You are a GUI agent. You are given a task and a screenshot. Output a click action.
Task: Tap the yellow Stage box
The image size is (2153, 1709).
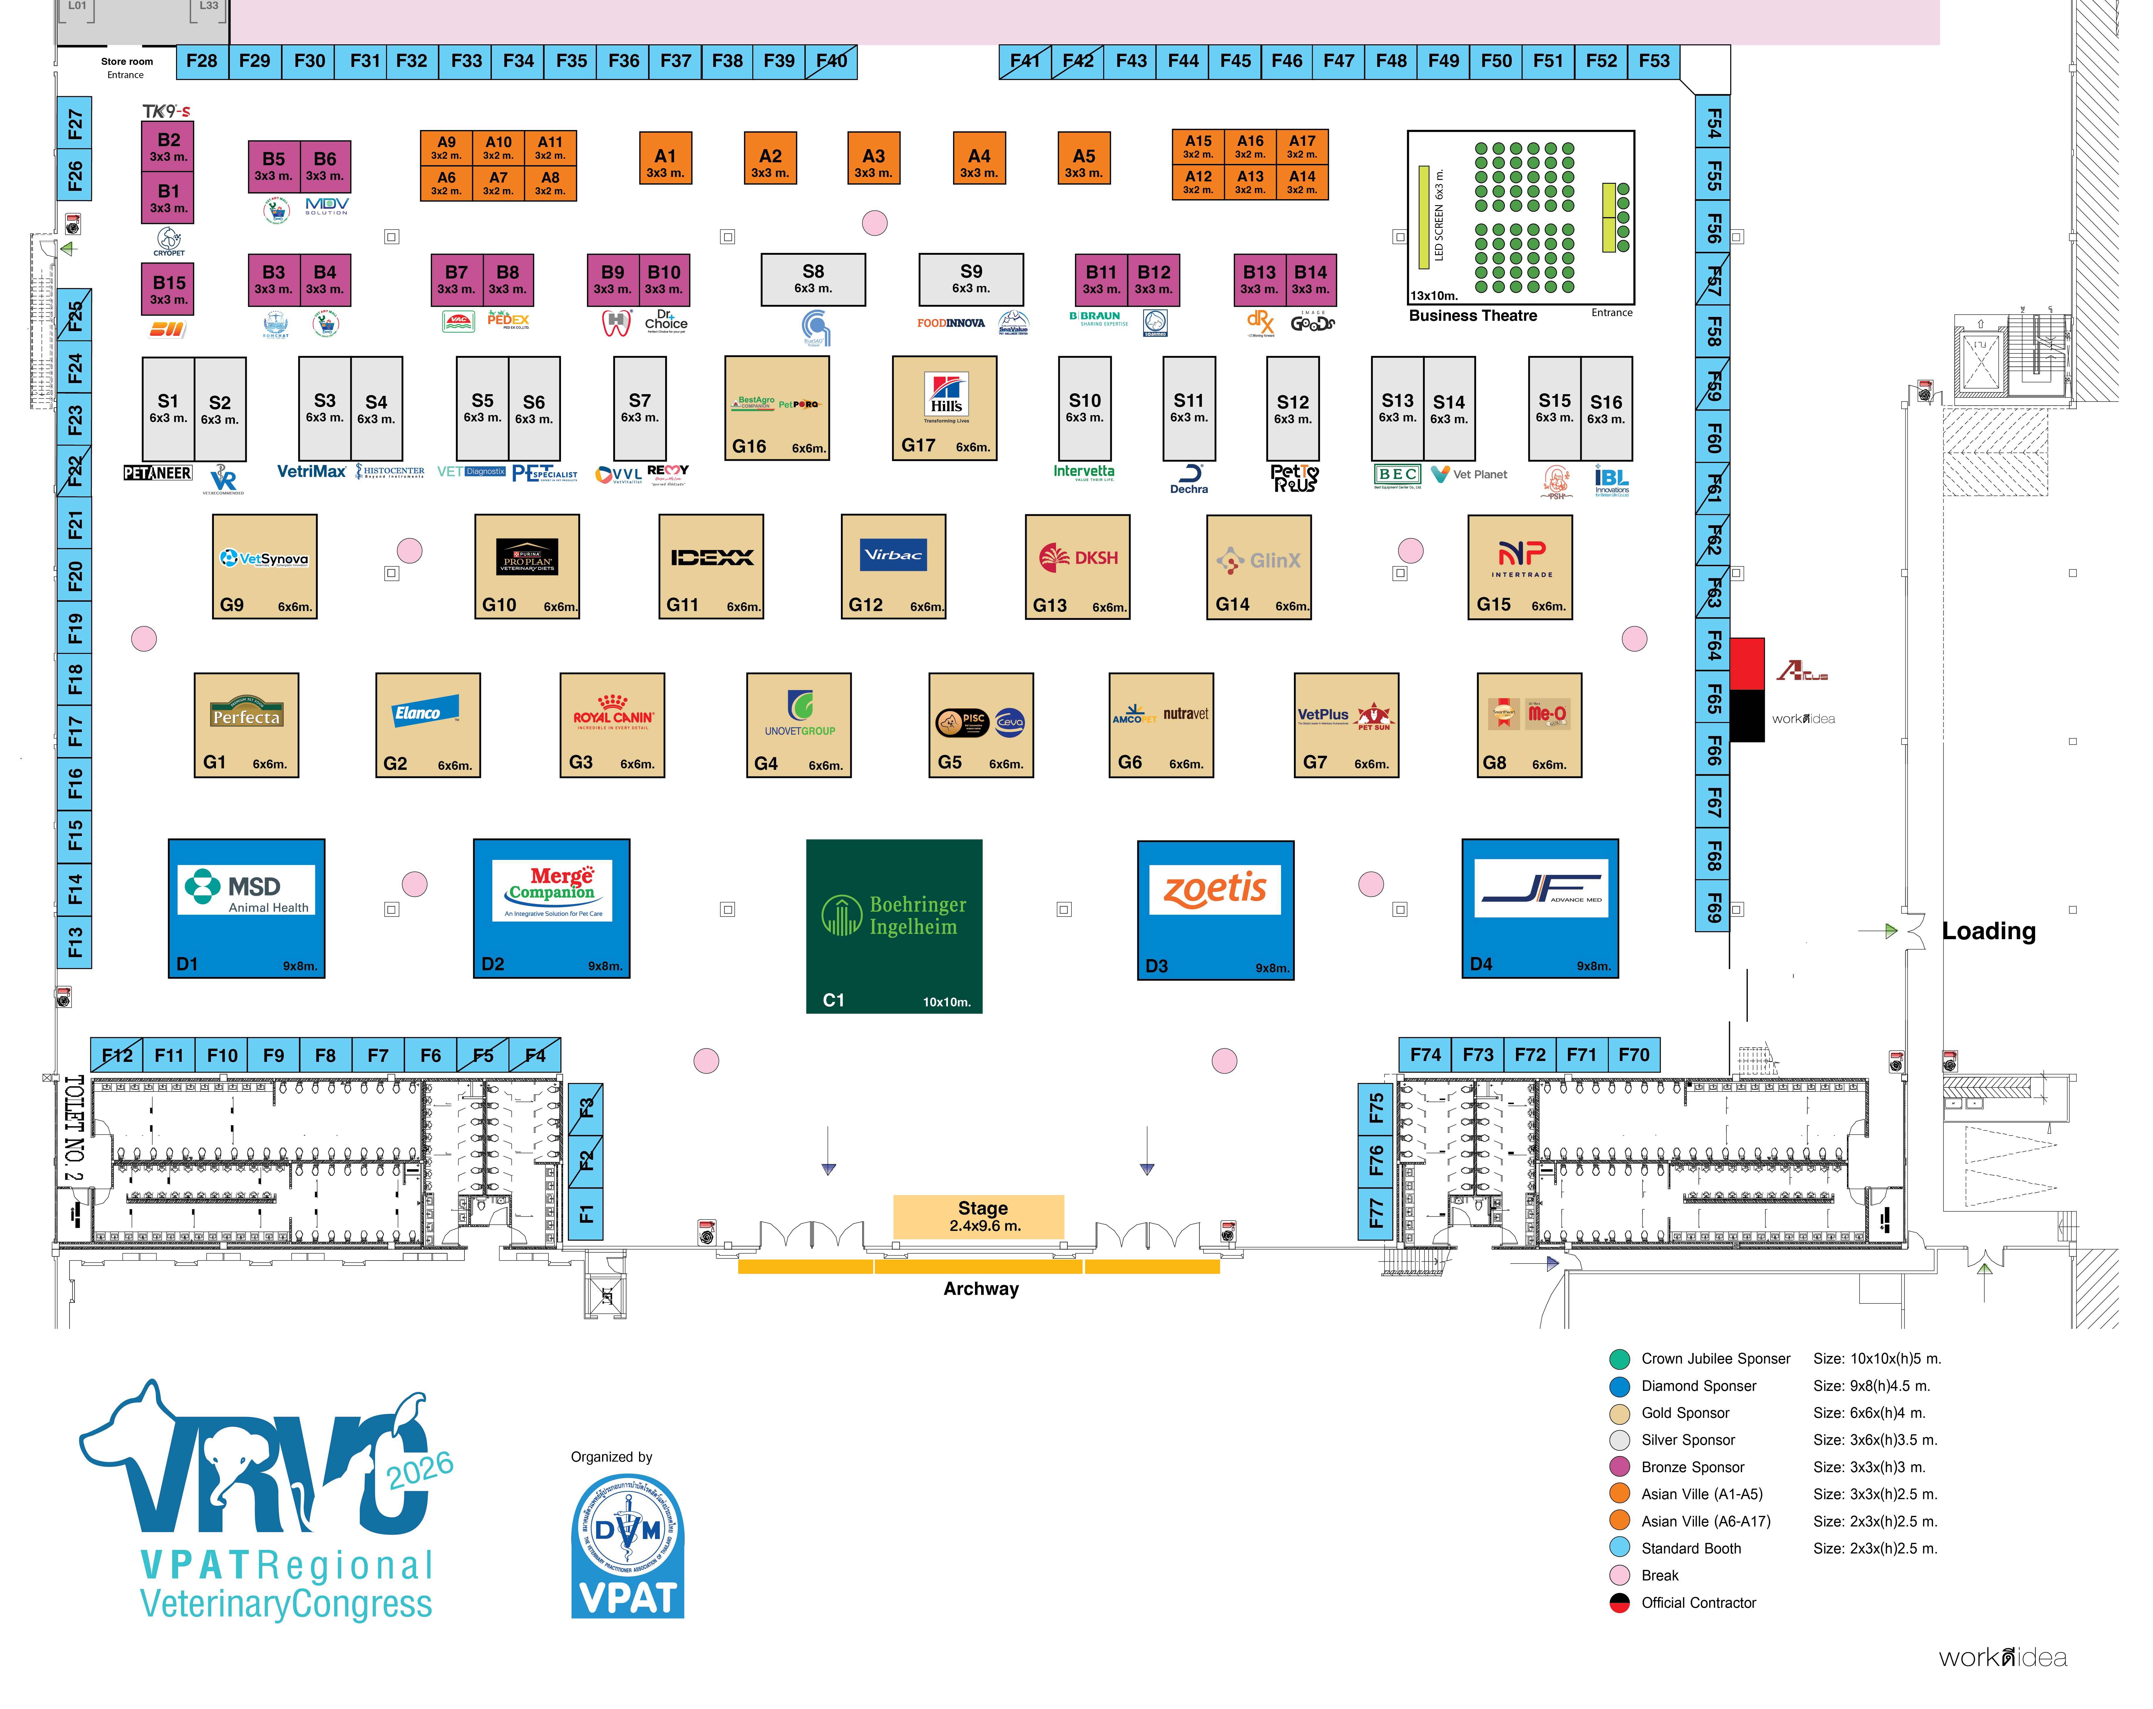pos(979,1216)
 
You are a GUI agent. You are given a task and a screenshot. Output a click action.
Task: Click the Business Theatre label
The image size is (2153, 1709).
pos(1473,316)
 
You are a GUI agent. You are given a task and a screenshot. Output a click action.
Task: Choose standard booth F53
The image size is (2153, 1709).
pos(1654,61)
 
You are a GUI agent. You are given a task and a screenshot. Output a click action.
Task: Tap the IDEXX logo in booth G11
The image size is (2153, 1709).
pos(711,557)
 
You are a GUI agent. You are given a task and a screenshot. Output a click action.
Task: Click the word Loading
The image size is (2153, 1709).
pos(1988,931)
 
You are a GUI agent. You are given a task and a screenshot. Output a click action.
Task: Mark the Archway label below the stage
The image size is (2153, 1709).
pos(981,1288)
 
